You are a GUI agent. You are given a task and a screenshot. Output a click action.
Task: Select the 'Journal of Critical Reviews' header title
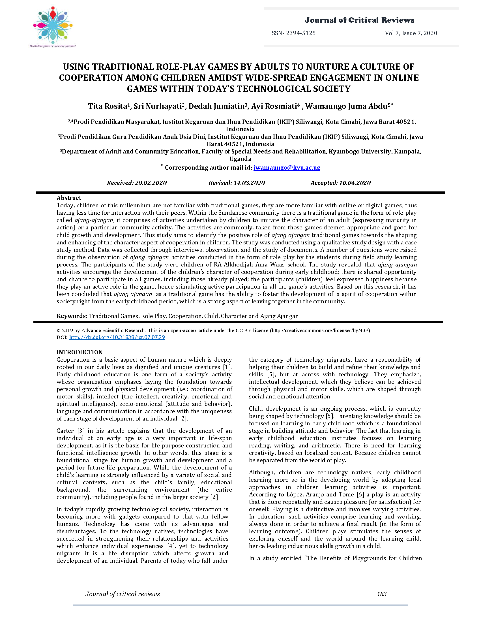pos(359,20)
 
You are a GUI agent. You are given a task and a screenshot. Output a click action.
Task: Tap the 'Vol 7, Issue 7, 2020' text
pos(411,33)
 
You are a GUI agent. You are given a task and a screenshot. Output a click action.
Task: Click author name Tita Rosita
pos(107,106)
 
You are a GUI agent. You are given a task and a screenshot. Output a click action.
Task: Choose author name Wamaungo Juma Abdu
pos(346,106)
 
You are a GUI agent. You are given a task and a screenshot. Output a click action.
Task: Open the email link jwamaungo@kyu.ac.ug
pos(287,167)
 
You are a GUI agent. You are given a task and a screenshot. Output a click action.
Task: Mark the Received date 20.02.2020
pos(151,183)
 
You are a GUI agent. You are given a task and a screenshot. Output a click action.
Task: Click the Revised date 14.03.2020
pos(249,183)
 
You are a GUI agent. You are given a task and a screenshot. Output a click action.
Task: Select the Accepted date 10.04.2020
pos(355,183)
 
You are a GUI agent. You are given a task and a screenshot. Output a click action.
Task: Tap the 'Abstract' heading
pos(69,198)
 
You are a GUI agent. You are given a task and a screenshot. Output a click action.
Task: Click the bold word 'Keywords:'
pos(72,316)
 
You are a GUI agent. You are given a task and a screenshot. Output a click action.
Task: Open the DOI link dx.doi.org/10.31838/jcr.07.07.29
pos(117,337)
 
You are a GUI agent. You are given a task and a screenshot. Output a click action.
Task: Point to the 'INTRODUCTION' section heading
pos(80,352)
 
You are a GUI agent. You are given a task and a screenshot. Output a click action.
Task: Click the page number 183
pos(382,594)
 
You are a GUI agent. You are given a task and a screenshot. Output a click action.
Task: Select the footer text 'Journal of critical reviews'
pos(123,594)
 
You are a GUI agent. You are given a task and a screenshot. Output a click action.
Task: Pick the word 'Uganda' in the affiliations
pos(240,159)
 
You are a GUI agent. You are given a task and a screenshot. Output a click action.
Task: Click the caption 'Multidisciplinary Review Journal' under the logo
pos(52,46)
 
